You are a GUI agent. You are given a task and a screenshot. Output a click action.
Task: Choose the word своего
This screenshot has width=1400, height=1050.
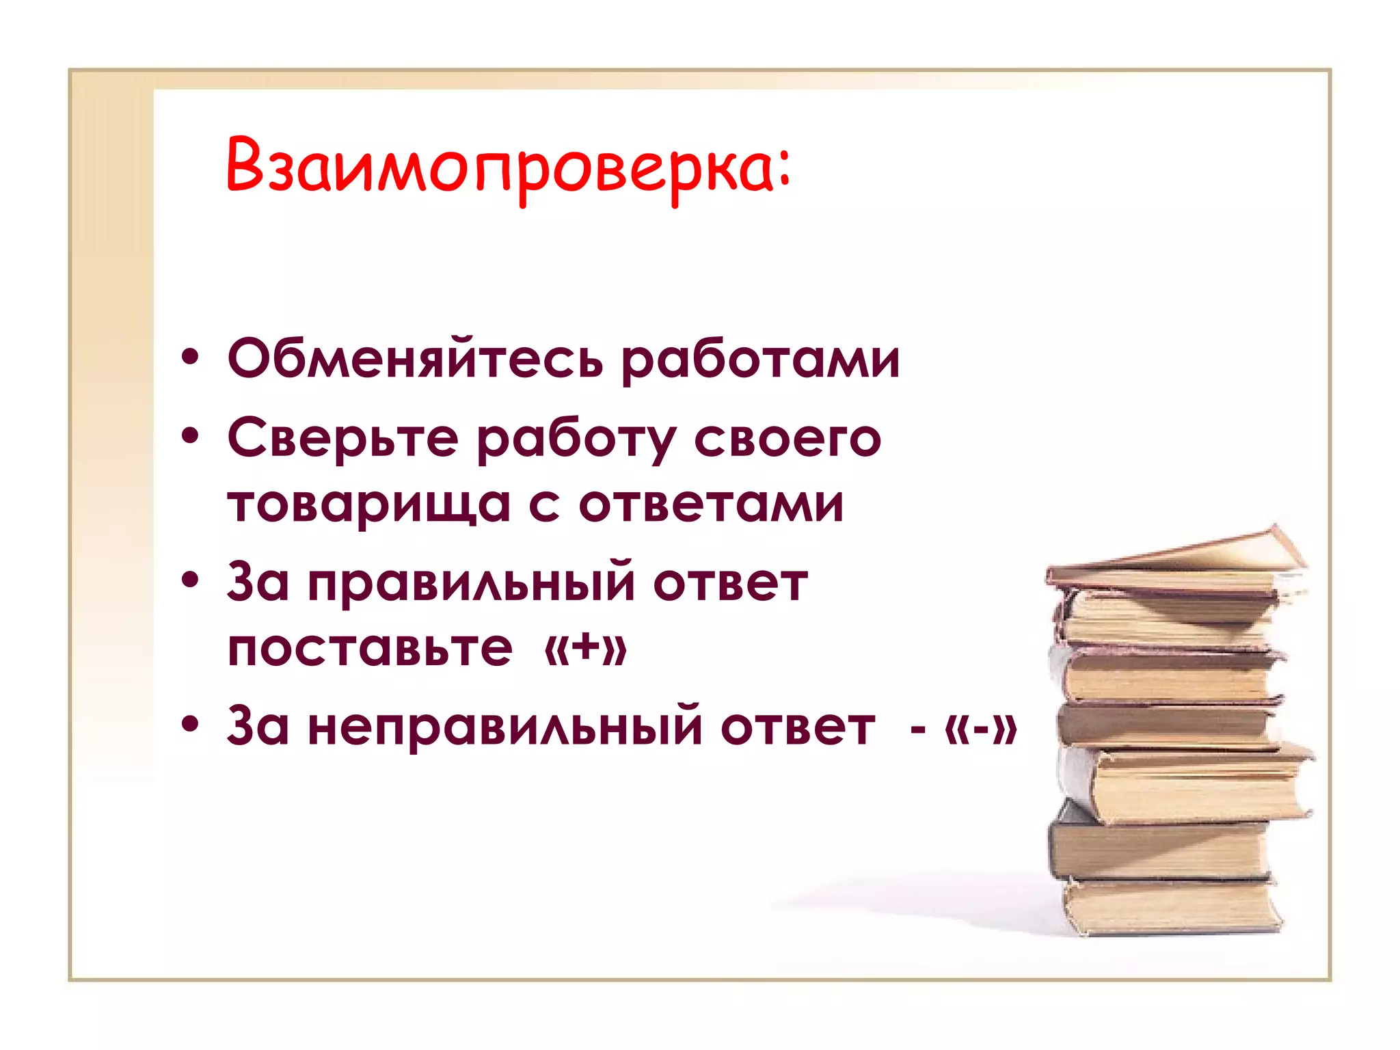pos(787,439)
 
